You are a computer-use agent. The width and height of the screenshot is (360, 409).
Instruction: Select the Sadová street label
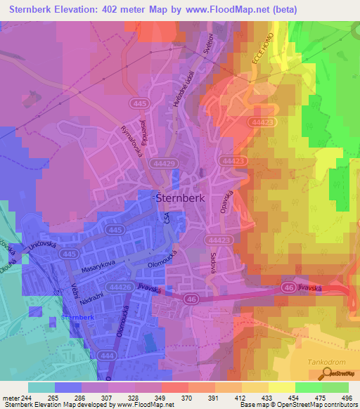(x=212, y=266)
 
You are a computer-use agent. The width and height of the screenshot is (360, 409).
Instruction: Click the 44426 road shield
(x=122, y=286)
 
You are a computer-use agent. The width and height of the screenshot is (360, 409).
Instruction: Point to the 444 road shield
(x=103, y=357)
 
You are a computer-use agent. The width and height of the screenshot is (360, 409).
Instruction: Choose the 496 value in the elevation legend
(x=346, y=398)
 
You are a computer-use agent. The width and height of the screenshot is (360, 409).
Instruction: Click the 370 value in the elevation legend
(x=186, y=398)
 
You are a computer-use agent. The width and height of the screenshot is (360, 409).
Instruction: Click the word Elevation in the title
(x=80, y=10)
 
